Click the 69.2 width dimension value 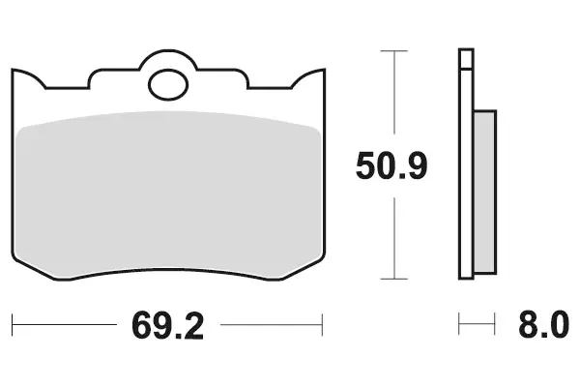pyautogui.click(x=167, y=326)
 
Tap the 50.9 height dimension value pyautogui.click(x=391, y=165)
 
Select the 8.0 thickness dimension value pyautogui.click(x=543, y=325)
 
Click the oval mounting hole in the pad pyautogui.click(x=168, y=85)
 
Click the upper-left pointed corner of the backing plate pyautogui.click(x=13, y=70)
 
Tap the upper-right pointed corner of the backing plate pyautogui.click(x=325, y=70)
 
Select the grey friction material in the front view pyautogui.click(x=168, y=193)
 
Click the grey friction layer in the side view pyautogui.click(x=484, y=193)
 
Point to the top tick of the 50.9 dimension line pyautogui.click(x=394, y=50)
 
